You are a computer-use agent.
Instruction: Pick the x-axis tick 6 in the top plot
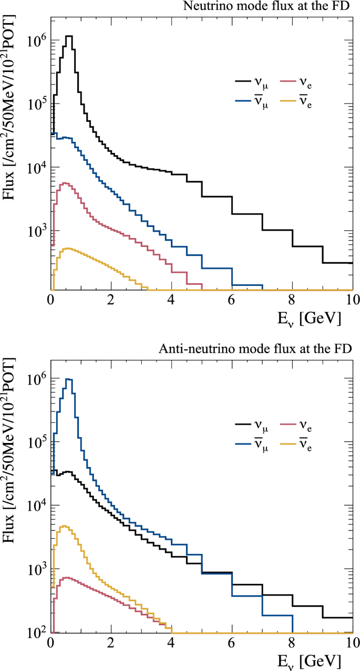click(x=232, y=300)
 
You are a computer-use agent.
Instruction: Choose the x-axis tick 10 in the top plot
click(x=352, y=300)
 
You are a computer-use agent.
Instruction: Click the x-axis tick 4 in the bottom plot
click(x=171, y=643)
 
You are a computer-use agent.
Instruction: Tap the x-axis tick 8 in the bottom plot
click(x=292, y=643)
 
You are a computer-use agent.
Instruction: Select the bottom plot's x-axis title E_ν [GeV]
click(x=311, y=660)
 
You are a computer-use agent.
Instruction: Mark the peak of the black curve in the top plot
click(x=68, y=36)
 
